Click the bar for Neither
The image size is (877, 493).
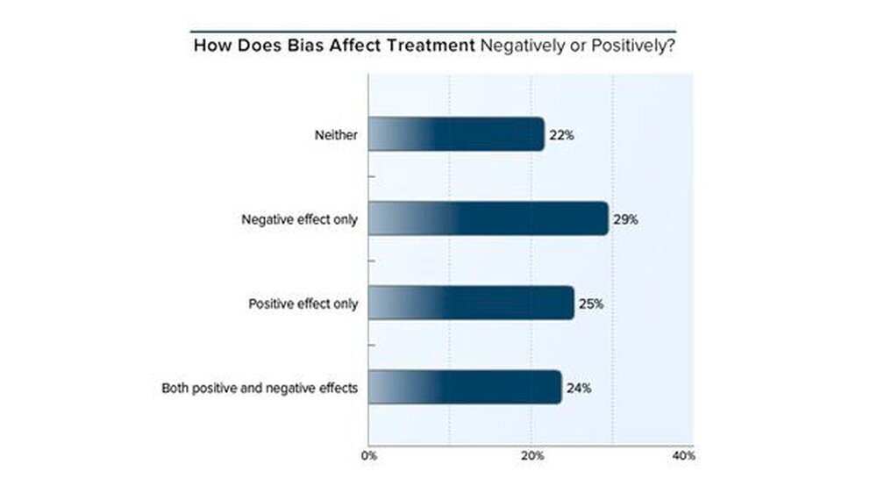click(456, 135)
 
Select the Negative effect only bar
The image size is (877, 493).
click(488, 219)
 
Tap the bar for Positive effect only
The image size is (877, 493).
click(471, 304)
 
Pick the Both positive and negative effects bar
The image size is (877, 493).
click(465, 387)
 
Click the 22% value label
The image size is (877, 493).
click(561, 136)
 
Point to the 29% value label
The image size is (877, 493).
click(625, 220)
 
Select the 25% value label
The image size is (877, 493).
click(591, 304)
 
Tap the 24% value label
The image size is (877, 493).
click(579, 388)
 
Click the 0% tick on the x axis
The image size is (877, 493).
click(369, 456)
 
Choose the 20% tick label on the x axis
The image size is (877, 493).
click(532, 456)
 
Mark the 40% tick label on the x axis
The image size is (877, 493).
click(683, 456)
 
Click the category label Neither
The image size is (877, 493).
click(336, 136)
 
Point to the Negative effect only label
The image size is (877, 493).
click(299, 220)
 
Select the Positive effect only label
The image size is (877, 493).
click(303, 304)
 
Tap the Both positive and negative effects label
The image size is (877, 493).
click(260, 388)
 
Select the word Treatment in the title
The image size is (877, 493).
click(432, 45)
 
